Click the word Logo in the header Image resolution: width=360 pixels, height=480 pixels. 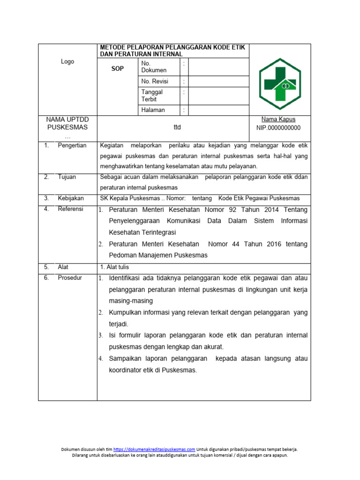pyautogui.click(x=67, y=62)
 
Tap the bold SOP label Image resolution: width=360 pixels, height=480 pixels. pyautogui.click(x=117, y=69)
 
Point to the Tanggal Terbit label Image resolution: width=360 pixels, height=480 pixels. pyautogui.click(x=152, y=96)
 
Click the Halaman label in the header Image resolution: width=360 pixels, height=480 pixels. pyautogui.click(x=153, y=110)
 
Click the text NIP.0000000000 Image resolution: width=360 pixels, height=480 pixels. pyautogui.click(x=278, y=128)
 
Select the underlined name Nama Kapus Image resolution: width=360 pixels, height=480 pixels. pyautogui.click(x=278, y=120)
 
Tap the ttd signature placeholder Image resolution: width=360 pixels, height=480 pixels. pyautogui.click(x=177, y=127)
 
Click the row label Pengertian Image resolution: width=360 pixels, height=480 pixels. pyautogui.click(x=72, y=145)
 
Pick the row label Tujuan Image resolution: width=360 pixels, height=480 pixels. pyautogui.click(x=67, y=177)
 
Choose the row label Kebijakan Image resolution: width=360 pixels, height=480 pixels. pyautogui.click(x=71, y=198)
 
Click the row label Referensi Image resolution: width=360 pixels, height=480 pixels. pyautogui.click(x=70, y=209)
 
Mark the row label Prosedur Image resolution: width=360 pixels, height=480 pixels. pyautogui.click(x=70, y=277)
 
